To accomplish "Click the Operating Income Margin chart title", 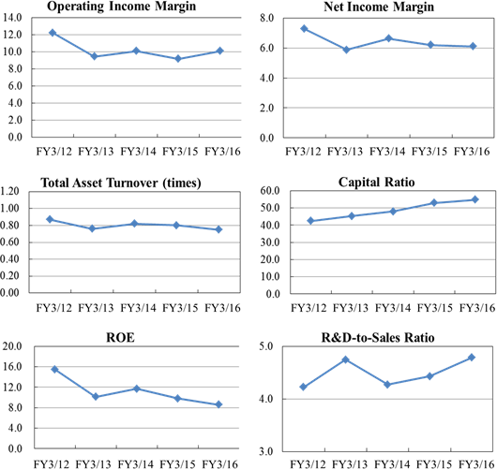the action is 121,7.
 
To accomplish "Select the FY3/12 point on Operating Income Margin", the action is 53,33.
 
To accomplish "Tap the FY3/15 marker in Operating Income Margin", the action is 178,59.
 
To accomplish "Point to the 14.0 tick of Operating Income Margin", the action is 12,18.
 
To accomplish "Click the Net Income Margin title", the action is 379,7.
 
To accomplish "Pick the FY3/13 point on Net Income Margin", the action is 346,50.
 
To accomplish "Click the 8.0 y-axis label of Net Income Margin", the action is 266,18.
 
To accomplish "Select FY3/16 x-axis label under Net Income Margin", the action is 472,152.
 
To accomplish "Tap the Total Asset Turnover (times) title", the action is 121,183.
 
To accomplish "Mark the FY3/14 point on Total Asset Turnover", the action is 134,224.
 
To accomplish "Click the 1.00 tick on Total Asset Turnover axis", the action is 10,208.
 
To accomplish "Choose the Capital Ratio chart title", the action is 377,183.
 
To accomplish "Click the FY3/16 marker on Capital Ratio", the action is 475,199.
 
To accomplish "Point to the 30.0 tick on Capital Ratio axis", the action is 270,242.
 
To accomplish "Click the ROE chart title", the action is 120,338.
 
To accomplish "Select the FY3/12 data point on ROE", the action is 54,369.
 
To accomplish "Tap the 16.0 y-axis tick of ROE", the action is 12,366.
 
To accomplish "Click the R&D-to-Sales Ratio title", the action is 378,338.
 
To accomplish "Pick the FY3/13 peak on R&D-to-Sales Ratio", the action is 346,359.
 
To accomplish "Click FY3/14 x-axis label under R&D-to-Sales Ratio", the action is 392,464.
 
